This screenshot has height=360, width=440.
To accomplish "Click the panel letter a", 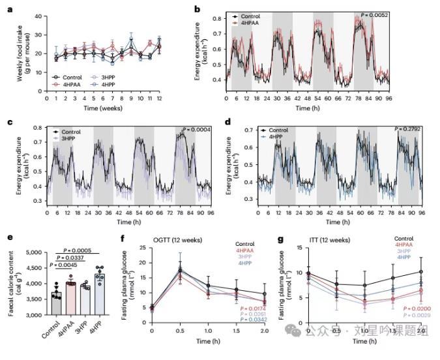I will coord(10,9).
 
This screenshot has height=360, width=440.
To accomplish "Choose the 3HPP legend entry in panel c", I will coord(77,138).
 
